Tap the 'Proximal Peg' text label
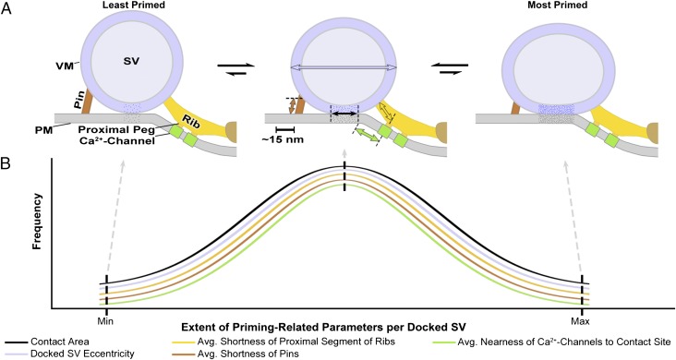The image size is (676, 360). click(116, 129)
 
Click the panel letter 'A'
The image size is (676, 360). click(8, 9)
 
